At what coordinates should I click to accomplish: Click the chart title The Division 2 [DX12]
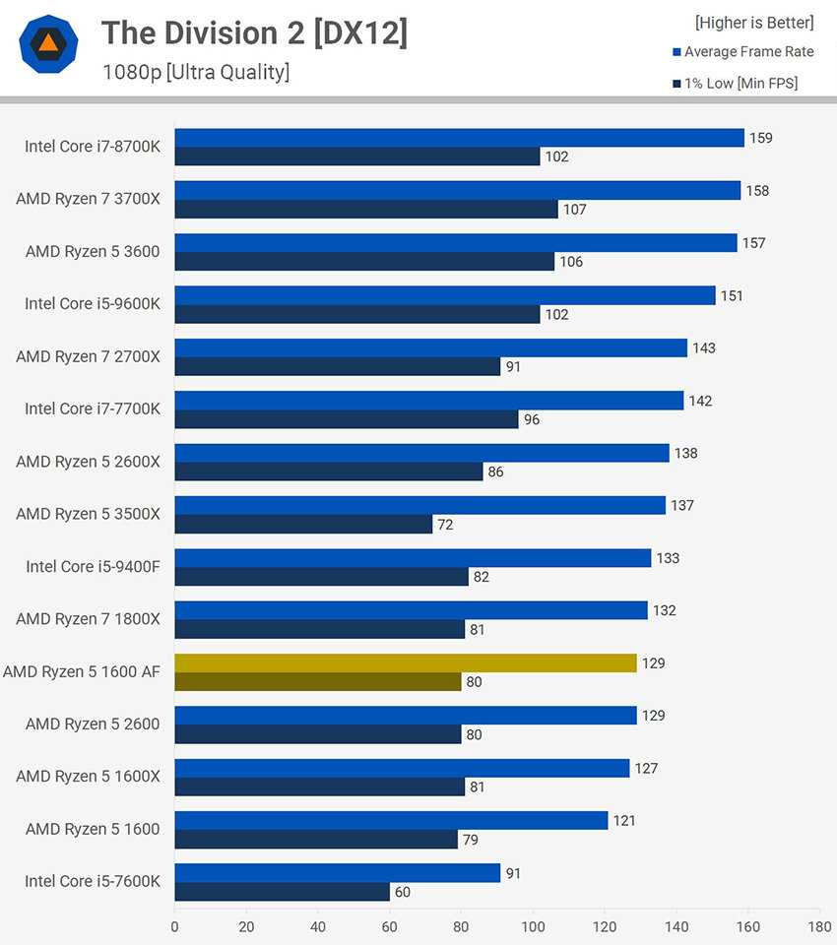[x=254, y=33]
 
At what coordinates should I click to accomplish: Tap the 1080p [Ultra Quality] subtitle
[x=196, y=72]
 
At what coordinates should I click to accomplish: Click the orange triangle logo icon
[x=48, y=43]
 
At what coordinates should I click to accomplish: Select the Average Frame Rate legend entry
[x=748, y=52]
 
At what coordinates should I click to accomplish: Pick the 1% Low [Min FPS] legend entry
[x=740, y=84]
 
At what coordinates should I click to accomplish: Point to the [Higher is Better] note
[x=754, y=22]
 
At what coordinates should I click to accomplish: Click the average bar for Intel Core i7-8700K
[x=459, y=138]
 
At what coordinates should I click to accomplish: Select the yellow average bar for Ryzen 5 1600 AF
[x=406, y=663]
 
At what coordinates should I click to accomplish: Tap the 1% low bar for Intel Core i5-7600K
[x=282, y=892]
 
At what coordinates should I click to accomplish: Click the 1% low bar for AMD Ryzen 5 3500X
[x=303, y=525]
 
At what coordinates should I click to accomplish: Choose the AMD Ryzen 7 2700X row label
[x=88, y=356]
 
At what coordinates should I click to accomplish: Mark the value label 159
[x=760, y=138]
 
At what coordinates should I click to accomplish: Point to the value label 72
[x=445, y=525]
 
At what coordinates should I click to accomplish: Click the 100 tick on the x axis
[x=533, y=926]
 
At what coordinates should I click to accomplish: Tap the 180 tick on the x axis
[x=819, y=926]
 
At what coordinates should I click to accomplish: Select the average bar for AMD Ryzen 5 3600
[x=455, y=243]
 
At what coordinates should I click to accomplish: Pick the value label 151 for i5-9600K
[x=732, y=295]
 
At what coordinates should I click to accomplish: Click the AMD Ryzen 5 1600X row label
[x=88, y=776]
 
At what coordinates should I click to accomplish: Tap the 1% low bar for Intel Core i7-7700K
[x=346, y=419]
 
